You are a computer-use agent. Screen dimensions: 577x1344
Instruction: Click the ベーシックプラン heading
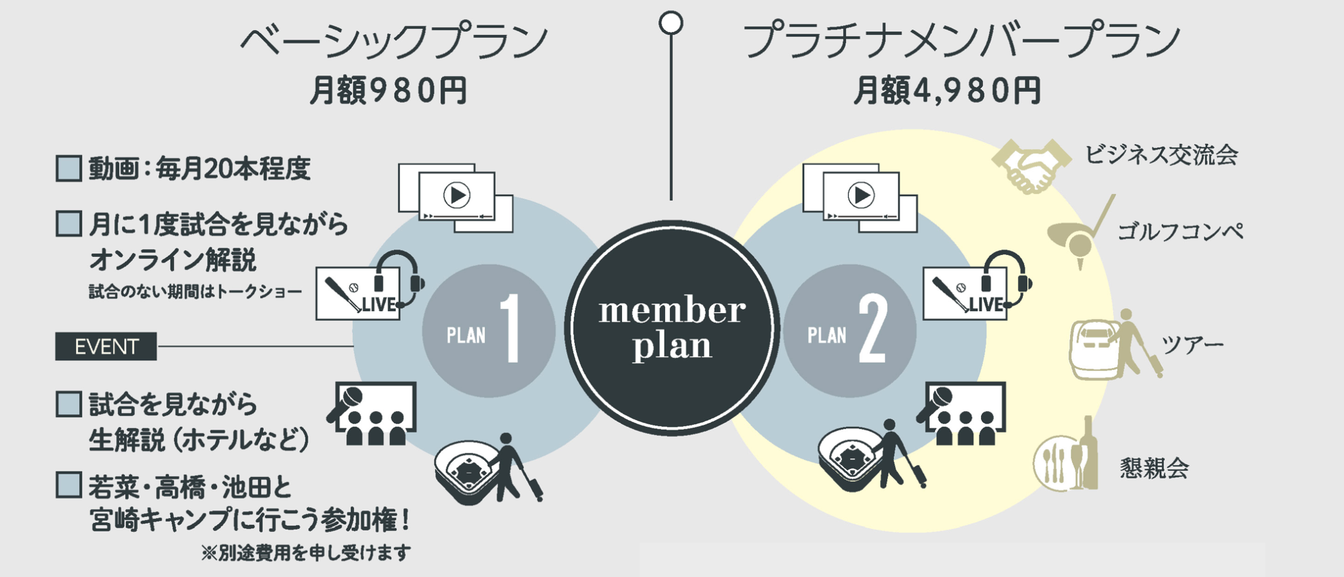coord(394,41)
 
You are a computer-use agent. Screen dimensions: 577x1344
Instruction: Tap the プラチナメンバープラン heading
coord(962,41)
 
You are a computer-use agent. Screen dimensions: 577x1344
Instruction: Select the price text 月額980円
coord(388,90)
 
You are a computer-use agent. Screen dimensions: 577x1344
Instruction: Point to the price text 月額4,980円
coord(947,90)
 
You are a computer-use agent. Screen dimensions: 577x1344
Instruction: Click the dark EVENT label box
coord(106,347)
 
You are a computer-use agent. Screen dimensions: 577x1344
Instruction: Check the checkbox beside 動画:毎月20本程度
coord(69,169)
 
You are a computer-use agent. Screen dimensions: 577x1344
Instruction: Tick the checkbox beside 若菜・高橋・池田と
coord(69,484)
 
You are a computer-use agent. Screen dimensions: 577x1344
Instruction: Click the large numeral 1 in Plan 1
coord(510,329)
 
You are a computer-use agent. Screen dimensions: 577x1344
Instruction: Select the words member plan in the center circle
coord(672,328)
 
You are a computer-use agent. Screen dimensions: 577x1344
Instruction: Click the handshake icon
coord(1031,165)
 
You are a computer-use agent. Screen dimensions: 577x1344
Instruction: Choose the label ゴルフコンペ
coord(1180,232)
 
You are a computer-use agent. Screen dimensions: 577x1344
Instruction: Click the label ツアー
coord(1192,345)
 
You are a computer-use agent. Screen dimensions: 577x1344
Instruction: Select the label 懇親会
coord(1154,469)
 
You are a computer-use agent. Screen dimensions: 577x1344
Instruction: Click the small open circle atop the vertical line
coord(671,23)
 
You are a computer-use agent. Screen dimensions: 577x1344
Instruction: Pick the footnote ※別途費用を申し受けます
coord(306,552)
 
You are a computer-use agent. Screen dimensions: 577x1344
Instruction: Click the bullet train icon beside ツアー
coord(1094,349)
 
